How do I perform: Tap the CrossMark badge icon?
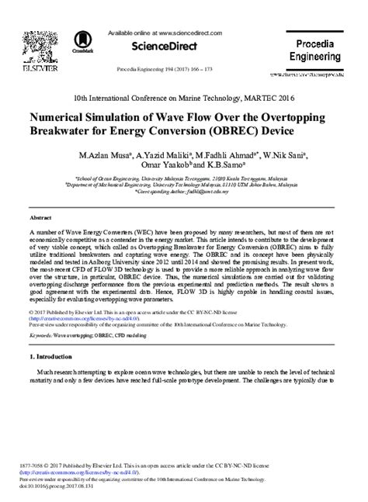pos(81,43)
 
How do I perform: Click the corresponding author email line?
pos(183,192)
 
